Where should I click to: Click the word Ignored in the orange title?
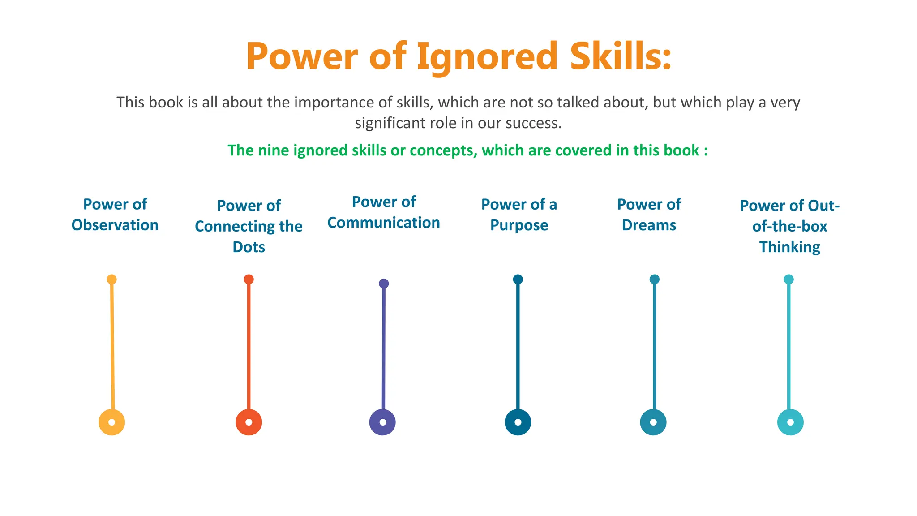[487, 56]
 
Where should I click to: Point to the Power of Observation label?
[115, 215]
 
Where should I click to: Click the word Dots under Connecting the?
[249, 247]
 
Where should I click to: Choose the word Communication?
[384, 223]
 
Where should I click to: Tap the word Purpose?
[519, 225]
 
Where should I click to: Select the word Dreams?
[649, 225]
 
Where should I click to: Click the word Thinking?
[789, 247]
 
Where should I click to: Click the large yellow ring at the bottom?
[111, 422]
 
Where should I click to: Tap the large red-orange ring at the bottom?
[249, 422]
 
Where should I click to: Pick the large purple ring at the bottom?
[382, 422]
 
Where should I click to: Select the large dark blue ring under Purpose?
[518, 422]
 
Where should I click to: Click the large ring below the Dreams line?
[653, 422]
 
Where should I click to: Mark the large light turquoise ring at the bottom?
[790, 422]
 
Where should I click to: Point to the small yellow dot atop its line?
[111, 279]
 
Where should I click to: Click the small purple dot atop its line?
[384, 284]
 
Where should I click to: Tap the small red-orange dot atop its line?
[249, 279]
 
